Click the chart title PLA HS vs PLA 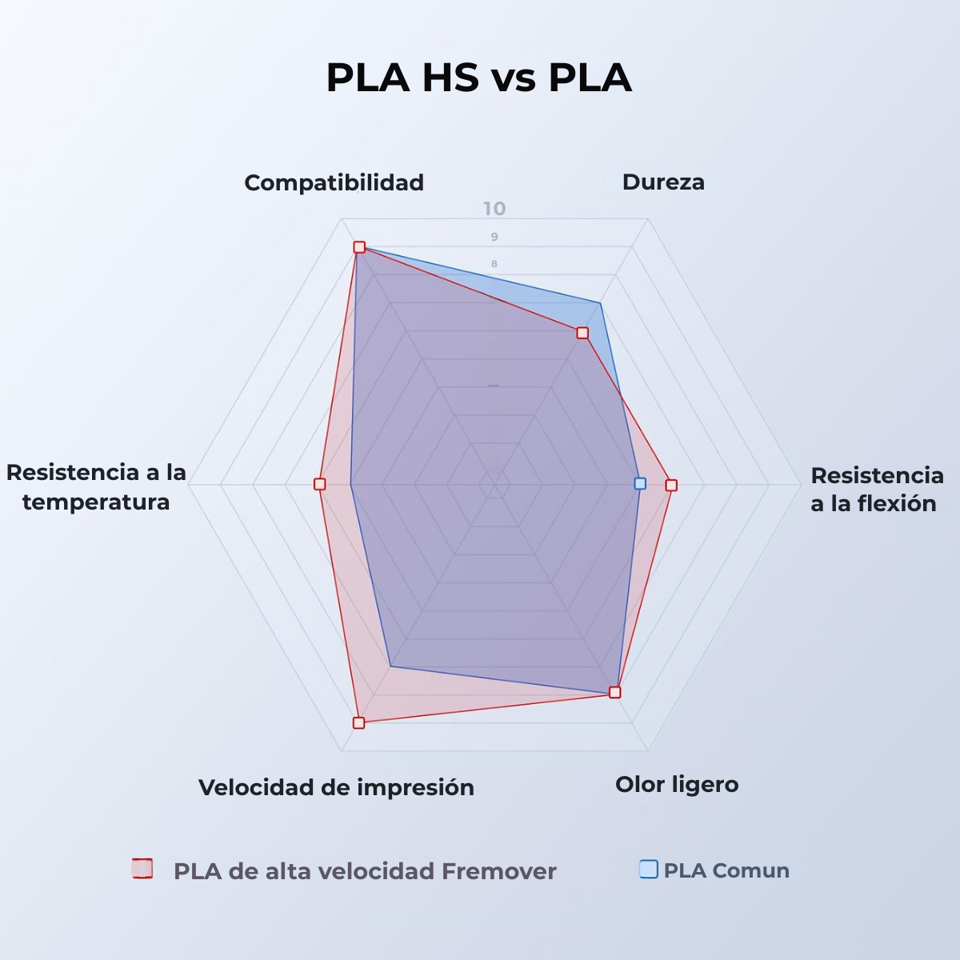478,78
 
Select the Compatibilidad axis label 334,183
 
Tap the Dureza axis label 663,182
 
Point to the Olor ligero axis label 677,785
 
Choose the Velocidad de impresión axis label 336,788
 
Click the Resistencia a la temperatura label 96,487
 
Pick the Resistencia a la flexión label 877,490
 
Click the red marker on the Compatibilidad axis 359,247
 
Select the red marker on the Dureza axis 582,333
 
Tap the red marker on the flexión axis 671,485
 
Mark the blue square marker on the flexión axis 639,483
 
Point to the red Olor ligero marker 614,692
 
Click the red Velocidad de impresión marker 358,722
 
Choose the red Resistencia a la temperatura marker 320,484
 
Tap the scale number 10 494,210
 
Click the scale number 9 494,237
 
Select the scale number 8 494,264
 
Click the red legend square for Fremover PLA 142,869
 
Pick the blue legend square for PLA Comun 649,870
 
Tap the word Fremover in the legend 498,871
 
